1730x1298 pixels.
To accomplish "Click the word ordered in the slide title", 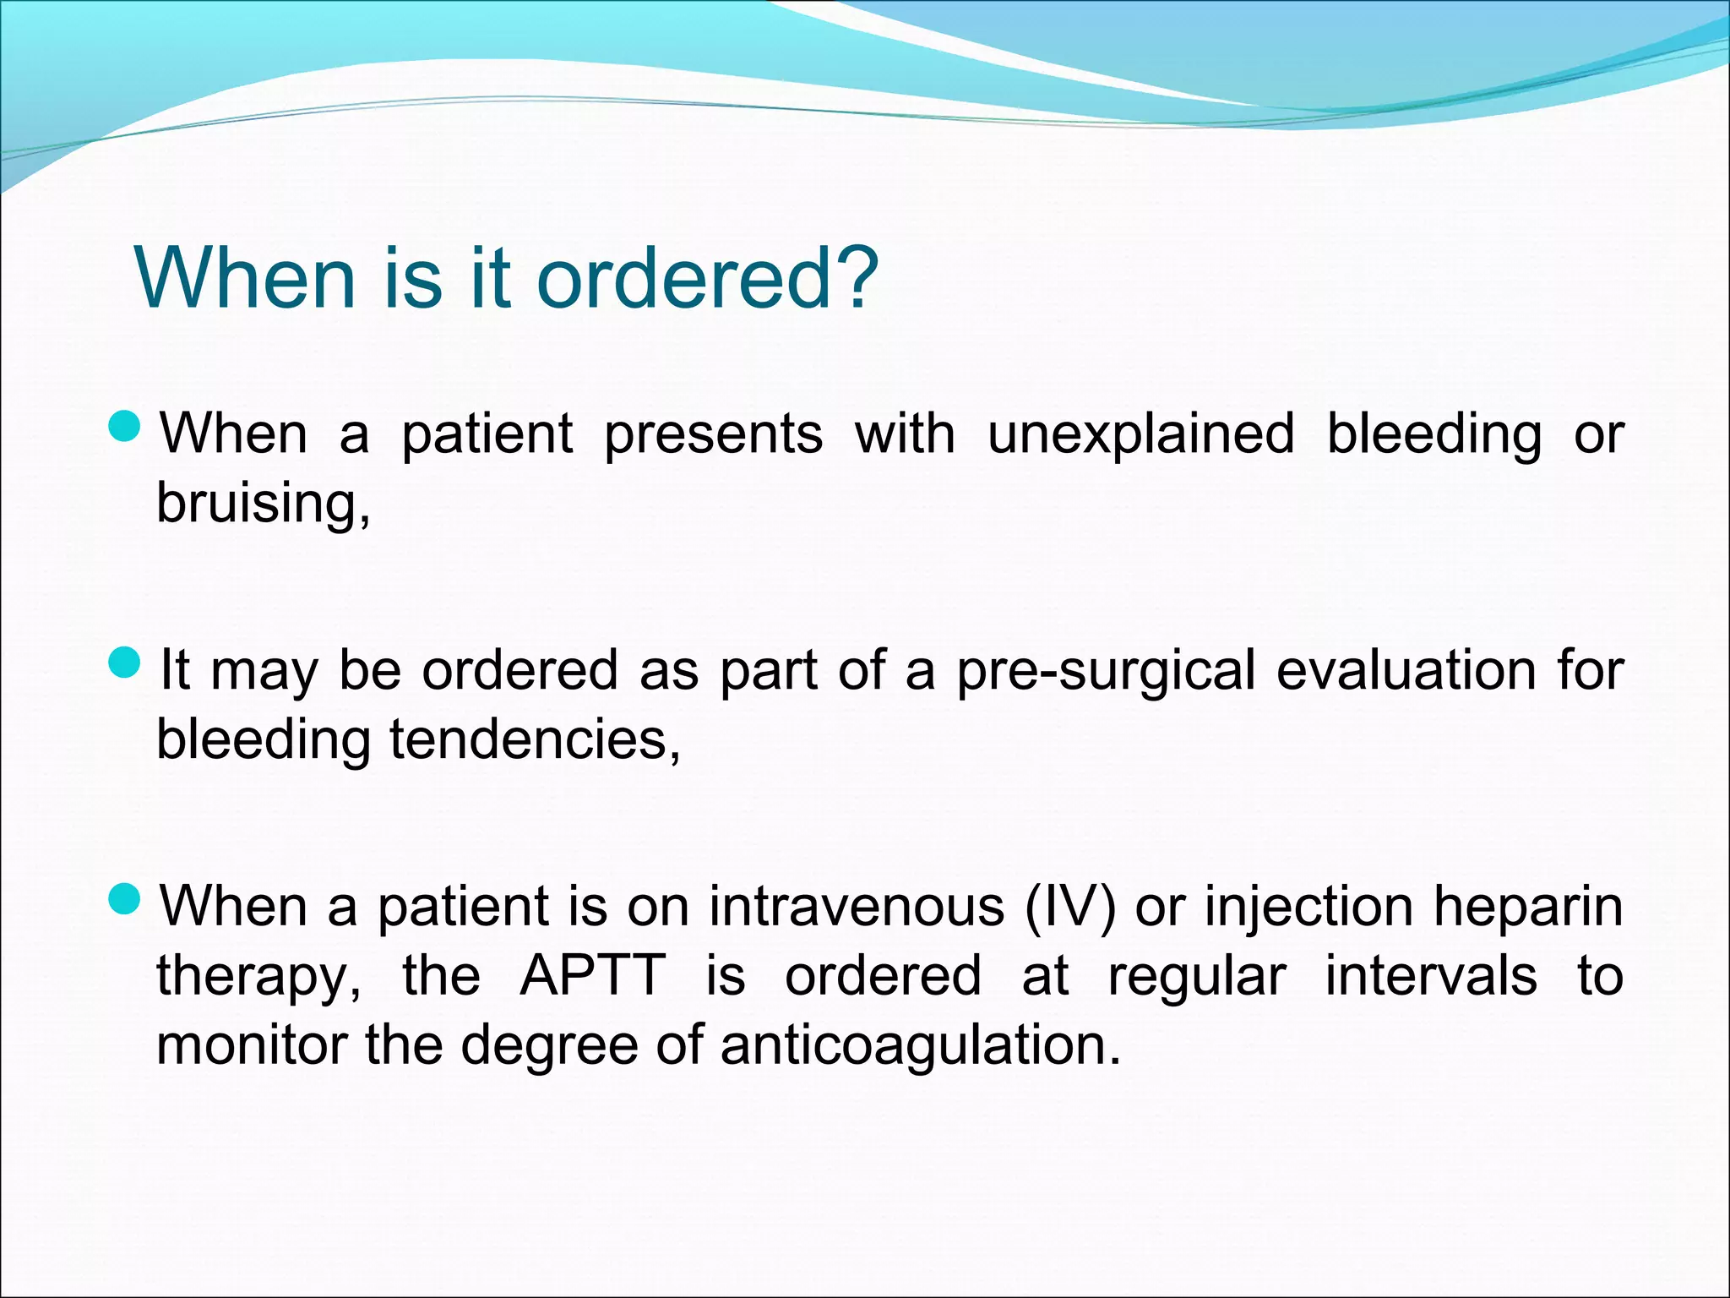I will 683,278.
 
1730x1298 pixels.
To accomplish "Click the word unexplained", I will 1140,435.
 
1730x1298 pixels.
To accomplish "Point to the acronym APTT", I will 593,977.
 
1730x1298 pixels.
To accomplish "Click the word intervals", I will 1430,977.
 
